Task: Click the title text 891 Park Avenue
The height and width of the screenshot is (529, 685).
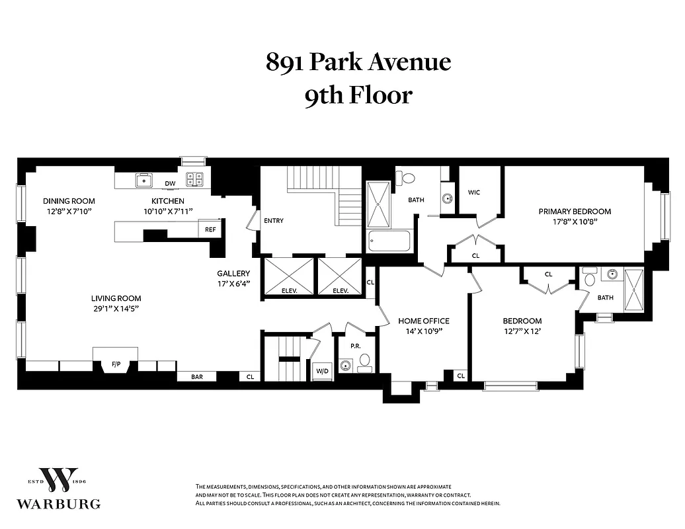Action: coord(358,62)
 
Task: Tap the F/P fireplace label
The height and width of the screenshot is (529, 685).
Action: coord(116,364)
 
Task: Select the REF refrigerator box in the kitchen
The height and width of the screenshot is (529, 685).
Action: coord(210,229)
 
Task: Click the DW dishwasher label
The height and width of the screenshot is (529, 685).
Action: coord(170,183)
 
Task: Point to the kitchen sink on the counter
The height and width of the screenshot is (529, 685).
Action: coord(143,179)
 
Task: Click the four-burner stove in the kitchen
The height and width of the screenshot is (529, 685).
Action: coord(194,177)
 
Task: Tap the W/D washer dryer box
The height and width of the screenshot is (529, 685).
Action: coord(323,370)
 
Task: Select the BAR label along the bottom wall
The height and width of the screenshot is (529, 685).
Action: coord(196,376)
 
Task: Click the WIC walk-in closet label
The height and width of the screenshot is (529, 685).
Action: coord(474,192)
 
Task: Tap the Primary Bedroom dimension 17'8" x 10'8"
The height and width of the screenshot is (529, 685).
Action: coord(574,222)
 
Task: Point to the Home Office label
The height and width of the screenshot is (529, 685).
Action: coord(423,321)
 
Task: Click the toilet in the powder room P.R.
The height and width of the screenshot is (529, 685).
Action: coord(364,361)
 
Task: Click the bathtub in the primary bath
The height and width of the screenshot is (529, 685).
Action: coord(389,241)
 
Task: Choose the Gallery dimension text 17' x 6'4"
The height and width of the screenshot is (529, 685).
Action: coord(233,284)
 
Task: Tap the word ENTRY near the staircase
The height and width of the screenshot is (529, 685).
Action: coord(273,220)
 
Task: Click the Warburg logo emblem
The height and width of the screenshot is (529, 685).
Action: coord(58,481)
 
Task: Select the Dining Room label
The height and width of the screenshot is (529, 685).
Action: coord(69,201)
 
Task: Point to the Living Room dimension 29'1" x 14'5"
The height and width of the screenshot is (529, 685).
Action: coord(116,309)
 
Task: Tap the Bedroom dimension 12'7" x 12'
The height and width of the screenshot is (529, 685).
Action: coord(522,332)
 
